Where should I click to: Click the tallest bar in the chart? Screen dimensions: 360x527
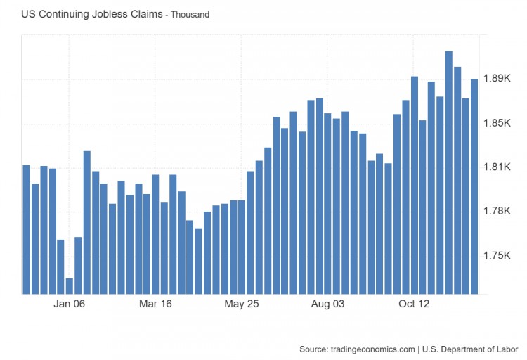pos(449,172)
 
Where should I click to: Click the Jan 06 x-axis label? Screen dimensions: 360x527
pos(69,304)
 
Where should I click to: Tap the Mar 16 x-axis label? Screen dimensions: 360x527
pos(155,304)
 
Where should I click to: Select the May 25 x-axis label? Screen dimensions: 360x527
pos(242,304)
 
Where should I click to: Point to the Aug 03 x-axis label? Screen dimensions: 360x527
pos(328,304)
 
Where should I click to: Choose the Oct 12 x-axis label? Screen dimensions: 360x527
pos(414,304)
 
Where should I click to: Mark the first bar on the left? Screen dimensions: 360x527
pos(26,229)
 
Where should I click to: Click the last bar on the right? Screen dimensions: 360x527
pos(474,186)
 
